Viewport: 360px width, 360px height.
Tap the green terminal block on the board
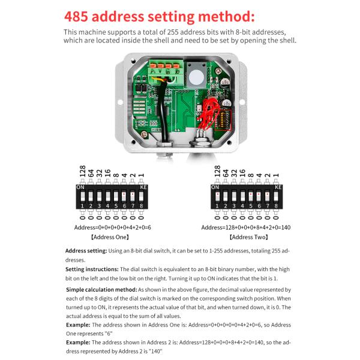(167, 76)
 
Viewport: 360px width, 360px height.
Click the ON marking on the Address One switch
(80, 187)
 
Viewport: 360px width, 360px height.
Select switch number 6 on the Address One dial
(124, 196)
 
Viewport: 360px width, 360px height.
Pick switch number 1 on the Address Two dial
(217, 196)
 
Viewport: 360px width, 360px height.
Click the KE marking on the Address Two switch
(278, 187)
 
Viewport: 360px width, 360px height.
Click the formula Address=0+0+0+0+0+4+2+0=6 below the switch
(112, 227)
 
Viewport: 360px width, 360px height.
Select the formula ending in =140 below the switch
(246, 227)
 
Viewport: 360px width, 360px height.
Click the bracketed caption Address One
(112, 237)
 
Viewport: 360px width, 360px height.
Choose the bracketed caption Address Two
(246, 237)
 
